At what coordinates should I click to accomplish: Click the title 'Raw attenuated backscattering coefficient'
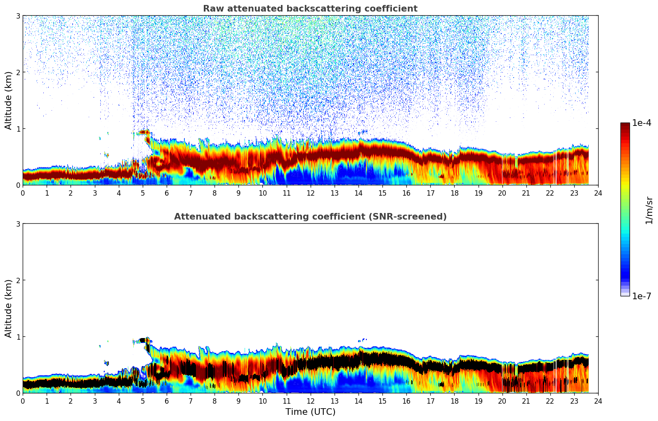pyautogui.click(x=310, y=9)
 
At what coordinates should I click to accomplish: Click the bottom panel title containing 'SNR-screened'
pyautogui.click(x=310, y=217)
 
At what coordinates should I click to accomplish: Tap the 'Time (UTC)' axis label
pyautogui.click(x=310, y=412)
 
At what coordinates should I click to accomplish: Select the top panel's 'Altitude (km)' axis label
pyautogui.click(x=8, y=100)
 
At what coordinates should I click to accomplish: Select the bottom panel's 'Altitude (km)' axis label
pyautogui.click(x=8, y=308)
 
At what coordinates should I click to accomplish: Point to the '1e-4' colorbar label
pyautogui.click(x=641, y=123)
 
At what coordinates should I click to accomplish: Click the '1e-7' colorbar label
pyautogui.click(x=641, y=296)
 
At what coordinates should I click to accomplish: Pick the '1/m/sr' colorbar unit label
pyautogui.click(x=649, y=210)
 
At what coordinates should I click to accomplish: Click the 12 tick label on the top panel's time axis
pyautogui.click(x=310, y=193)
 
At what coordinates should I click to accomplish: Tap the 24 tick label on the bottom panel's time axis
pyautogui.click(x=598, y=401)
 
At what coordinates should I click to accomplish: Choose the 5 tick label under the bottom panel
pyautogui.click(x=143, y=401)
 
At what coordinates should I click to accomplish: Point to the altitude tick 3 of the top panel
pyautogui.click(x=18, y=16)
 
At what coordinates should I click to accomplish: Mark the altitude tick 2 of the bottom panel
pyautogui.click(x=18, y=280)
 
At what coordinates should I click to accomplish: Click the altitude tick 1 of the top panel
pyautogui.click(x=18, y=129)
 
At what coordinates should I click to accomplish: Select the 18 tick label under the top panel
pyautogui.click(x=454, y=193)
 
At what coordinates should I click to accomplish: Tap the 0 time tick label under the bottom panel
pyautogui.click(x=23, y=401)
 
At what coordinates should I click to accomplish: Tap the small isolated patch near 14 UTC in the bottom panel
pyautogui.click(x=363, y=340)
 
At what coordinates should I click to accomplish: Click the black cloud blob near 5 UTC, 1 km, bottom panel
pyautogui.click(x=144, y=340)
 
